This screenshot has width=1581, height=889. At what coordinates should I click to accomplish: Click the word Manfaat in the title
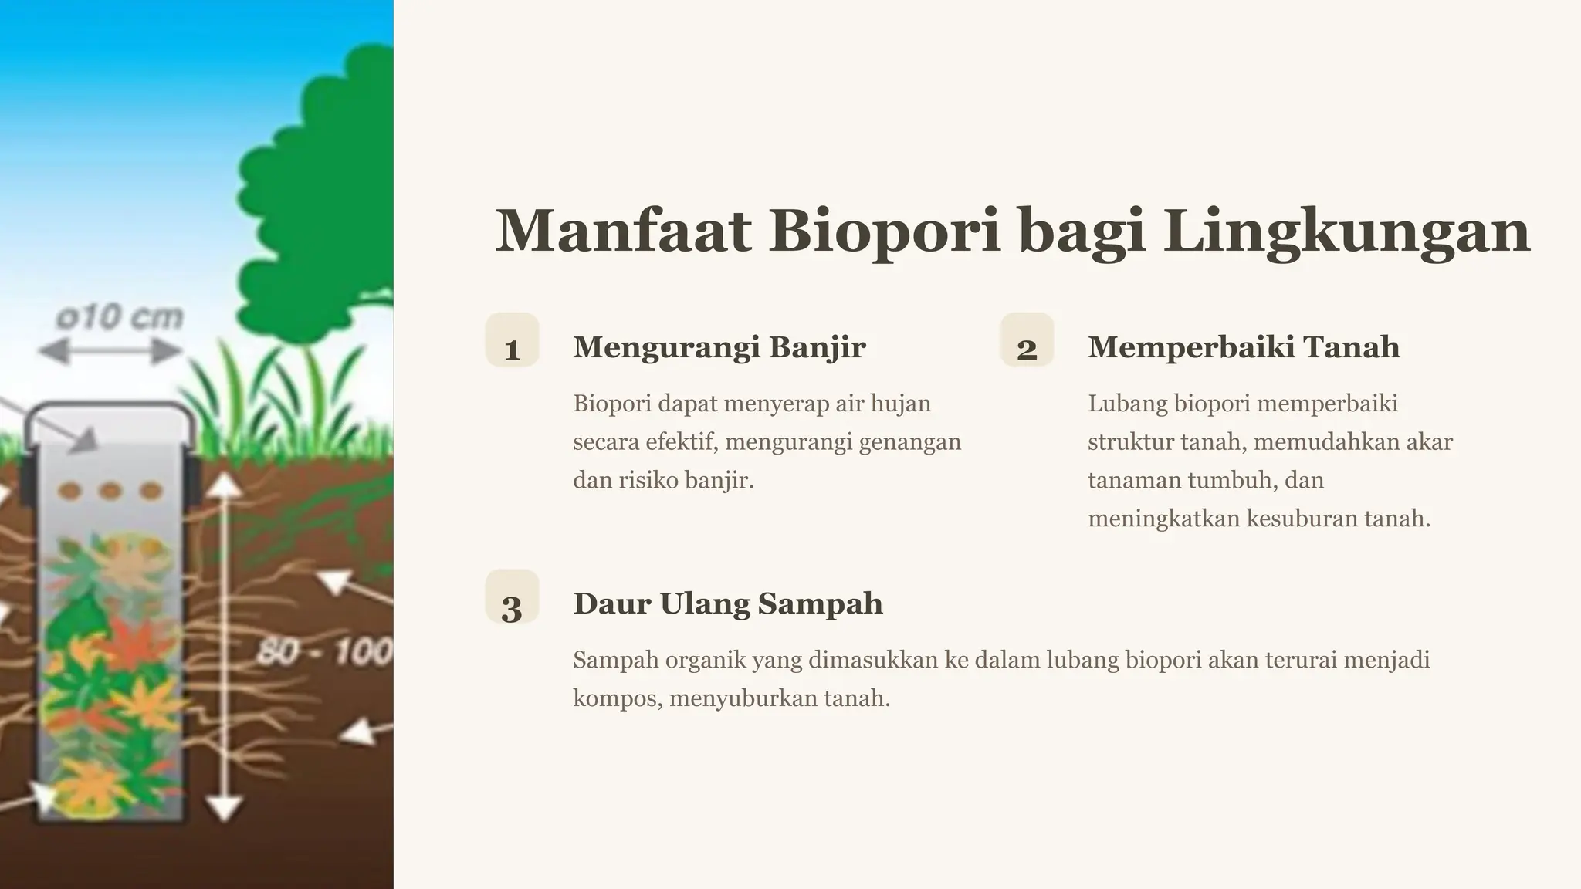623,231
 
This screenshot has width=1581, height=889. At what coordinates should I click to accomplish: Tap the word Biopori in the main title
885,231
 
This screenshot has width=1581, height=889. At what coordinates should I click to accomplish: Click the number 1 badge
512,341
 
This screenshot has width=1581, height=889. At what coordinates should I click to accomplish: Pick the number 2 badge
1027,341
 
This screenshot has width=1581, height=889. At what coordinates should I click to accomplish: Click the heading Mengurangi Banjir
719,347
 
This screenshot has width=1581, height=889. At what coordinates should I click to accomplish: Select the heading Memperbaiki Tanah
1244,347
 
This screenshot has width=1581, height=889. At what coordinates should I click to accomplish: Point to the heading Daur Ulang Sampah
728,603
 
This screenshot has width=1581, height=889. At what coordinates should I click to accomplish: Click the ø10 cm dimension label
120,317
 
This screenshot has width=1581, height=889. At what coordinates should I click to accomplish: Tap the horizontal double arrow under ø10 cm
110,352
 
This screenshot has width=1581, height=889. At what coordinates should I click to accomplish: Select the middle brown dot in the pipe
110,490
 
